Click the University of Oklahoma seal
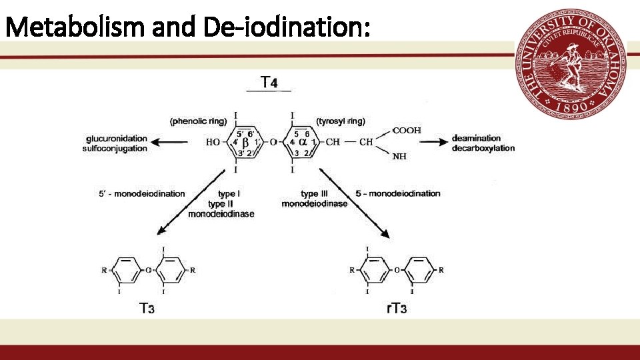570,65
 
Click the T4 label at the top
269,83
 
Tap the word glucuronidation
116,139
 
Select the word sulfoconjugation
116,148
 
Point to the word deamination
476,139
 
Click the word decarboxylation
483,148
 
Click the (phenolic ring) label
199,121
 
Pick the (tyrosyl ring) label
341,121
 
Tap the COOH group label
406,131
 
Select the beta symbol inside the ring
245,142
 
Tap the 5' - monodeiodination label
141,194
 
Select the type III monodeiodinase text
314,199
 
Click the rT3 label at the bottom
397,309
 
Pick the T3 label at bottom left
147,309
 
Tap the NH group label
400,157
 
